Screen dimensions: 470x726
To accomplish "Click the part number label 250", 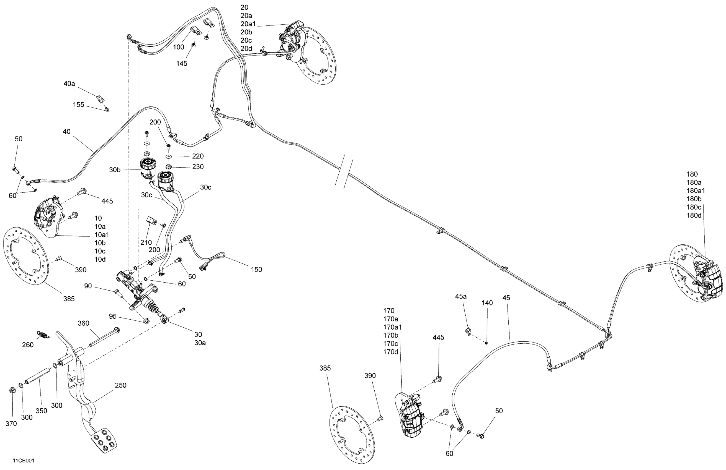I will point(120,385).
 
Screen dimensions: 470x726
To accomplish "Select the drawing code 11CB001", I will point(24,461).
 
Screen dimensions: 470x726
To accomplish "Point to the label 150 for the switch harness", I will point(256,270).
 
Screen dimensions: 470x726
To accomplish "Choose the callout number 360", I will point(83,323).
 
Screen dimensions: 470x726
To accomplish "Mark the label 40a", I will point(69,83).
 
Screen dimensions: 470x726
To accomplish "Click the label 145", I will point(182,63).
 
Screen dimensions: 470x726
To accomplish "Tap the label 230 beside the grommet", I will point(198,167).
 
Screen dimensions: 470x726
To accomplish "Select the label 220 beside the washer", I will point(198,156).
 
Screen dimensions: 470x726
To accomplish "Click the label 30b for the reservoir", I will point(115,170).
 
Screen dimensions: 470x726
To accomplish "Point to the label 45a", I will point(461,296).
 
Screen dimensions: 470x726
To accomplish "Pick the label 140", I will point(487,303).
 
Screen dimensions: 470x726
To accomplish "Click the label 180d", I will point(694,216).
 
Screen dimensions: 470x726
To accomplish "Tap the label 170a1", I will point(392,327).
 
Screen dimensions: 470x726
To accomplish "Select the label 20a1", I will point(248,24).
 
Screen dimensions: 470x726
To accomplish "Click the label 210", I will point(146,242).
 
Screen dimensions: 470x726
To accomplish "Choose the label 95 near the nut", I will point(113,317).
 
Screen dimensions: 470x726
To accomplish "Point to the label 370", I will point(11,424).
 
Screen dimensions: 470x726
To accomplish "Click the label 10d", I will point(100,260).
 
